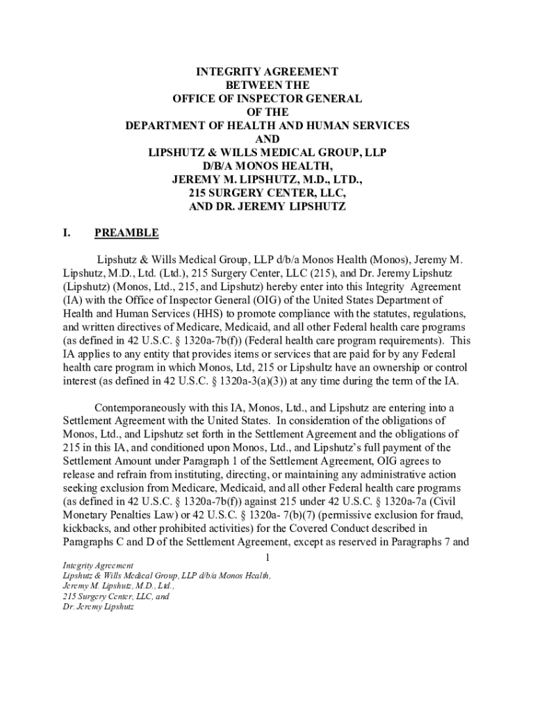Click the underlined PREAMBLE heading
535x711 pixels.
[x=126, y=233]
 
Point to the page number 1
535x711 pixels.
[x=267, y=559]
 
